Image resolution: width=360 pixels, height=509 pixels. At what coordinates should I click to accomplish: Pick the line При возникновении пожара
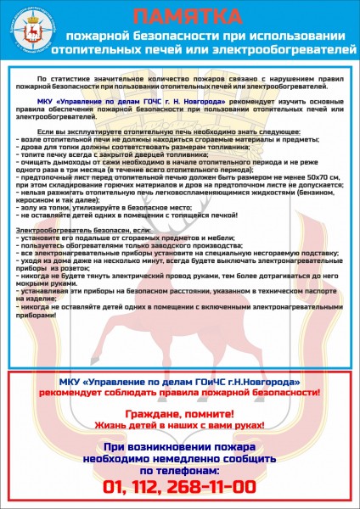click(180, 446)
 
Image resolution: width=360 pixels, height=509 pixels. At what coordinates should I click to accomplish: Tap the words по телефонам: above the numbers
click(180, 469)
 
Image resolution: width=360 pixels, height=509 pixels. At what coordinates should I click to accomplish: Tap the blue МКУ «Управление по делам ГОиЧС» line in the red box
click(180, 383)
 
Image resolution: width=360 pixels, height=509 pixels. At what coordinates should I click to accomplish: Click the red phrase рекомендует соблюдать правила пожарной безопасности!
click(180, 394)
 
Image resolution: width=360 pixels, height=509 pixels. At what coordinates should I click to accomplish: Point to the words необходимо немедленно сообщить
click(180, 458)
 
